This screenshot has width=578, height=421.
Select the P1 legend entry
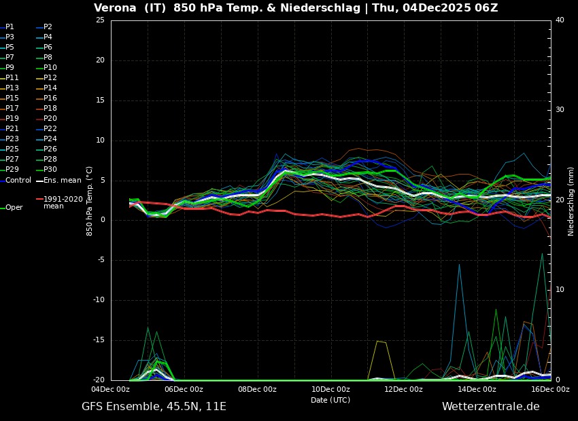pyautogui.click(x=10, y=27)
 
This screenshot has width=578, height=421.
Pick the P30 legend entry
pyautogui.click(x=50, y=170)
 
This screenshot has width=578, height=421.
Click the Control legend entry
pyautogui.click(x=18, y=180)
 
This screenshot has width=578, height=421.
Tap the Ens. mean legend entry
pyautogui.click(x=62, y=180)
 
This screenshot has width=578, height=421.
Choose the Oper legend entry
pyautogui.click(x=14, y=208)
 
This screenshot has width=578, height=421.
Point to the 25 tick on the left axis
pyautogui.click(x=100, y=20)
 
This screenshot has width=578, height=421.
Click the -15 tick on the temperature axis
pyautogui.click(x=99, y=340)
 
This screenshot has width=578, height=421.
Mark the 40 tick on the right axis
pyautogui.click(x=560, y=20)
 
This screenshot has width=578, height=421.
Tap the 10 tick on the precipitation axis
pyautogui.click(x=560, y=290)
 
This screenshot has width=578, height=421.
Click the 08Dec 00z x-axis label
pyautogui.click(x=257, y=389)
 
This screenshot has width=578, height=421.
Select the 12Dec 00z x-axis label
pyautogui.click(x=404, y=389)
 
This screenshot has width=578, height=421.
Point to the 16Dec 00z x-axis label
pyautogui.click(x=550, y=389)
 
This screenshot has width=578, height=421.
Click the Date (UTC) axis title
pyautogui.click(x=330, y=400)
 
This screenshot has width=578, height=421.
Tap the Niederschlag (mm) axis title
pyautogui.click(x=571, y=201)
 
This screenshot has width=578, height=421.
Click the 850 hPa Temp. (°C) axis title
pyautogui.click(x=89, y=201)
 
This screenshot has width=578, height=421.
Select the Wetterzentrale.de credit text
pyautogui.click(x=490, y=407)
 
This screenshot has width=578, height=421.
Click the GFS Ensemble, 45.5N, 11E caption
pyautogui.click(x=154, y=407)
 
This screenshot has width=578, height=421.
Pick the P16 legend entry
pyautogui.click(x=50, y=98)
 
